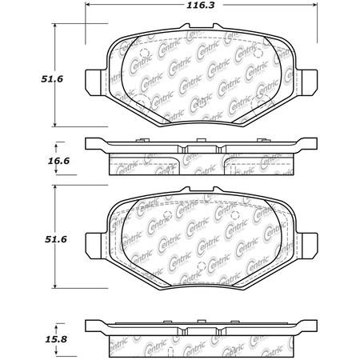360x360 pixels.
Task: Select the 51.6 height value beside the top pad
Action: (x=30, y=78)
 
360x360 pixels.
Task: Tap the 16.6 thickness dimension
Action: (x=30, y=163)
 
